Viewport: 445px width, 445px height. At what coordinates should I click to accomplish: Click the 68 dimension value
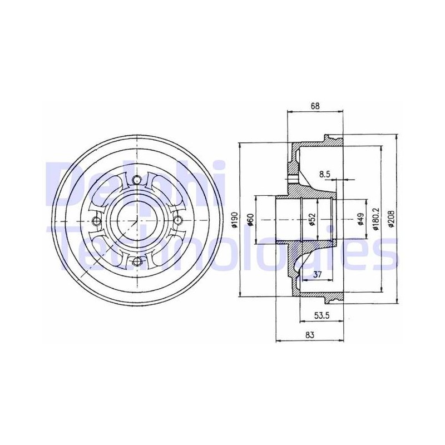click(x=315, y=106)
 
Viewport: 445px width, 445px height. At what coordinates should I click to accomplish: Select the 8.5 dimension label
click(x=325, y=174)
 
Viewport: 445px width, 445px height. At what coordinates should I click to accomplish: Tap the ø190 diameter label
click(x=234, y=220)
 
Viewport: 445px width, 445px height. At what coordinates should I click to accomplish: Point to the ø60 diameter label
click(x=250, y=220)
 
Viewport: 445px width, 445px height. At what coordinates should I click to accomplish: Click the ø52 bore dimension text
click(x=313, y=220)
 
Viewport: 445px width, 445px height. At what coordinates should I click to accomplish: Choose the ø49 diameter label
click(x=360, y=220)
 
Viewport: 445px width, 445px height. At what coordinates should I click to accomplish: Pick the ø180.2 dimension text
click(x=376, y=219)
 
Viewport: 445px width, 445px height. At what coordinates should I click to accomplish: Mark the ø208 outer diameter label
click(x=392, y=219)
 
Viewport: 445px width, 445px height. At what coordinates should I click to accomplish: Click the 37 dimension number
click(x=317, y=274)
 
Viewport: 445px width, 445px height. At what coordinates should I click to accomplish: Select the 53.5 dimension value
click(x=322, y=316)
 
